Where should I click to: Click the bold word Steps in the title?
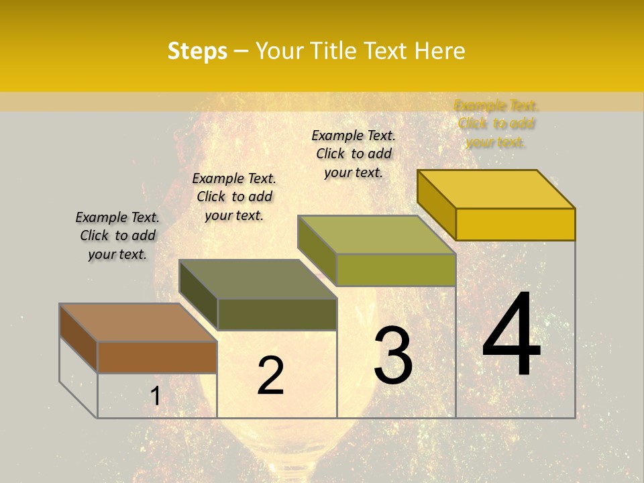click(x=197, y=52)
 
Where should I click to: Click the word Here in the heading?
click(x=439, y=52)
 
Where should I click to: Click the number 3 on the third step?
click(x=393, y=356)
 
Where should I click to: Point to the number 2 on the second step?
click(x=270, y=376)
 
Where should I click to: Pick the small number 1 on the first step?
click(x=155, y=396)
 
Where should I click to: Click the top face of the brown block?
click(x=138, y=323)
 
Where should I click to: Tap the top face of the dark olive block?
click(x=258, y=279)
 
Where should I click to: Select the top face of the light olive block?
click(x=377, y=235)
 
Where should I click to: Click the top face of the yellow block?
click(x=496, y=189)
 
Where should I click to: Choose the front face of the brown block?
click(x=158, y=357)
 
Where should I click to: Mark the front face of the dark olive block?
click(x=277, y=314)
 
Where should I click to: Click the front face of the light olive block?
click(x=396, y=270)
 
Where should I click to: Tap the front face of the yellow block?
click(x=515, y=224)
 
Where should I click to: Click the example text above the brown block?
click(x=117, y=235)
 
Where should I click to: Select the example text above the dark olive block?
click(x=234, y=197)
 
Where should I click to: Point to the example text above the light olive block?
click(x=354, y=154)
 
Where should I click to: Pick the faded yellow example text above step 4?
click(x=496, y=123)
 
